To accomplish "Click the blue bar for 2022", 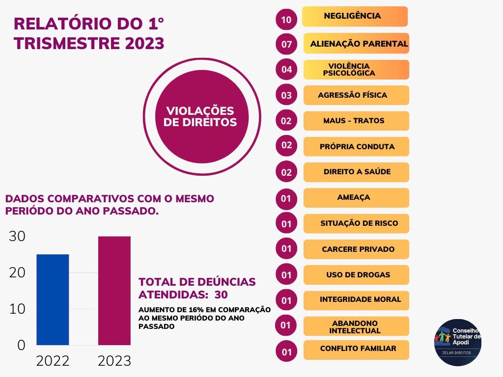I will click(53, 299).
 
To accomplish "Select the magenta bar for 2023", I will click(114, 291).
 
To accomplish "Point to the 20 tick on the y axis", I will click(17, 272).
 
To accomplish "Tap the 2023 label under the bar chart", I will click(114, 361).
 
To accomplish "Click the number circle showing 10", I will click(286, 20).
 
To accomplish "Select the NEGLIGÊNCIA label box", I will click(355, 16).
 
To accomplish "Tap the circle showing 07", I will click(286, 45).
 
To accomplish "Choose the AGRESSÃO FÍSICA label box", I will click(357, 95).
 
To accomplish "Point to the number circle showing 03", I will click(286, 95).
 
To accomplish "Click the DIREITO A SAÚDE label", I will click(357, 172).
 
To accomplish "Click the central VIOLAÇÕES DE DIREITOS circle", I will click(200, 117).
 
